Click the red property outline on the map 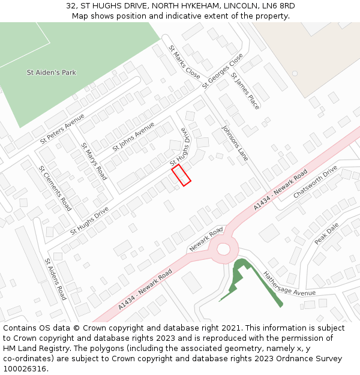coord(181,175)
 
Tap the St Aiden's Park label coord(52,73)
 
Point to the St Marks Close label coord(184,62)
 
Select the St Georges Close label coord(223,71)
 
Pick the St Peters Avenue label coord(62,129)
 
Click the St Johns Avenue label coord(133,137)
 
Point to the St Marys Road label coord(94,161)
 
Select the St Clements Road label coord(55,188)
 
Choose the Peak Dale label coord(326,233)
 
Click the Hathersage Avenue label coord(289,284)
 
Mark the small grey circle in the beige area coord(295,73)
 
